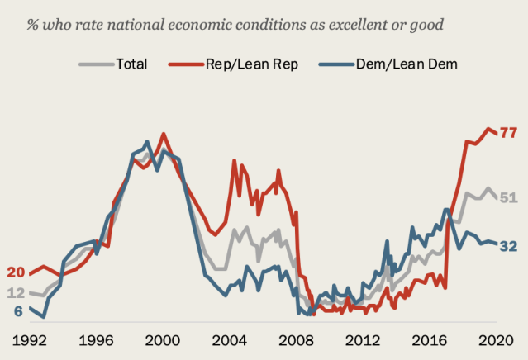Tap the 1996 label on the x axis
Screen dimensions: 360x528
click(x=96, y=339)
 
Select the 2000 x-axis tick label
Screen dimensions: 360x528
click(x=162, y=339)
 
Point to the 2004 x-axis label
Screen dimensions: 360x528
click(x=230, y=339)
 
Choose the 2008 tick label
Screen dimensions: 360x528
click(x=296, y=339)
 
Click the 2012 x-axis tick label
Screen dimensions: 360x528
click(x=362, y=339)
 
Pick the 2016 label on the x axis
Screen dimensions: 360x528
click(x=429, y=339)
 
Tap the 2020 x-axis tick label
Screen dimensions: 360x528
click(x=495, y=339)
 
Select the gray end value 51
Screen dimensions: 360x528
click(x=509, y=197)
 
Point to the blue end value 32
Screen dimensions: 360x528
click(x=509, y=246)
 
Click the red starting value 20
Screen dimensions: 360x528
click(x=16, y=272)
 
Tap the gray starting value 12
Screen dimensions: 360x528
click(x=16, y=293)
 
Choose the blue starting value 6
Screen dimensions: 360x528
click(x=18, y=311)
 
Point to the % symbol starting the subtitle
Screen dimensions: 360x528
click(x=34, y=23)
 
